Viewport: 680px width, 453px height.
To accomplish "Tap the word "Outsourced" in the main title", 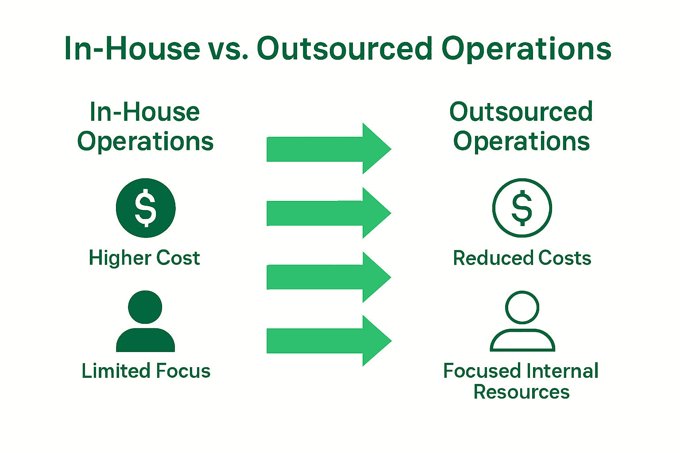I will click(x=344, y=49).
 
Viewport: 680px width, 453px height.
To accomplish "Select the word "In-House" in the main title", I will click(x=132, y=49).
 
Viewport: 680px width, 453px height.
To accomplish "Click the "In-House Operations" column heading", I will click(x=145, y=127).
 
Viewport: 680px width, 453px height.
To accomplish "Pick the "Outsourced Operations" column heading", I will click(x=522, y=127).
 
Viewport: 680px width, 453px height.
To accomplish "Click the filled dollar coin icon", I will click(x=146, y=208).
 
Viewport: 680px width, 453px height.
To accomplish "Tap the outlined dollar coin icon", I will click(x=522, y=208).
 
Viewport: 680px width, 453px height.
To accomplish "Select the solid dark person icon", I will click(x=145, y=322).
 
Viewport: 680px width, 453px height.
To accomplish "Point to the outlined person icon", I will click(x=522, y=322).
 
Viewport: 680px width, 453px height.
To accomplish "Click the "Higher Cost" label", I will click(x=144, y=258).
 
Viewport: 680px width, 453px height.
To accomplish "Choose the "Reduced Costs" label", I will click(x=522, y=258).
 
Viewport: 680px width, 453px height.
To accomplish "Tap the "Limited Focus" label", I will click(x=146, y=371).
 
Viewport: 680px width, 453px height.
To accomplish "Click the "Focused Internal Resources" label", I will click(x=521, y=381).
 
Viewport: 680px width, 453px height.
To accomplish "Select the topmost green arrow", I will click(x=328, y=149).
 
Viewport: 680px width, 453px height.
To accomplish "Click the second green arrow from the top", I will click(x=328, y=213).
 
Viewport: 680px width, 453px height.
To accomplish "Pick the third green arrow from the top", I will click(x=328, y=277).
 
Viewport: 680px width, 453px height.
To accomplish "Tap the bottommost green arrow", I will click(x=328, y=341).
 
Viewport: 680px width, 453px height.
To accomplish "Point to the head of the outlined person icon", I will click(x=522, y=307).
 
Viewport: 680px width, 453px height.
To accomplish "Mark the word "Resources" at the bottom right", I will click(x=522, y=392).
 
